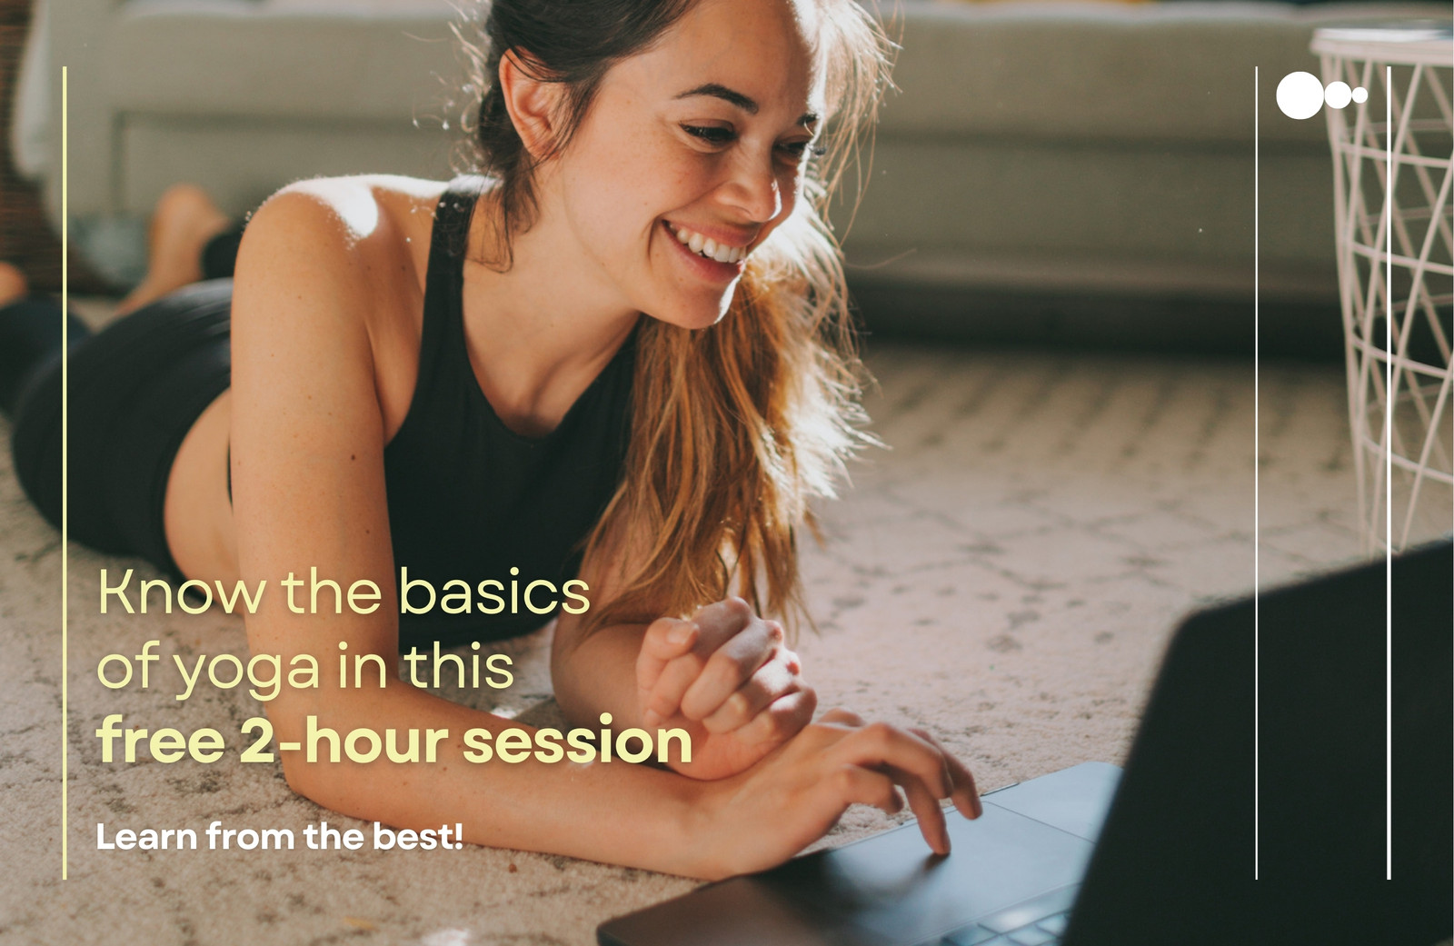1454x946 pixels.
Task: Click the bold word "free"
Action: click(161, 740)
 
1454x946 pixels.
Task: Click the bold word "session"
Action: click(578, 740)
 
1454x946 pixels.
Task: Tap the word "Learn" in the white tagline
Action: click(146, 836)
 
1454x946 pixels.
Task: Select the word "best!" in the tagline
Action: click(418, 836)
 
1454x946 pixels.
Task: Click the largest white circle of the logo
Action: click(1300, 95)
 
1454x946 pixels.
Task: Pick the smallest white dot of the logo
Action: click(1359, 95)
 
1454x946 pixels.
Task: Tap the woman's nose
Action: click(753, 192)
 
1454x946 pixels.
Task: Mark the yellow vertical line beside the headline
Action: click(65, 473)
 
